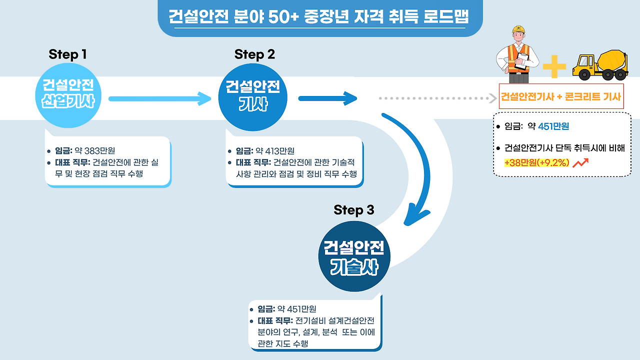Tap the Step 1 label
pos(67,54)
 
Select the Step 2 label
pos(254,54)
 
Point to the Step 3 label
pos(353,210)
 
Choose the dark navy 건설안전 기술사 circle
pos(353,256)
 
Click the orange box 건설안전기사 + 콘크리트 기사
pos(560,97)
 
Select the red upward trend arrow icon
pos(580,162)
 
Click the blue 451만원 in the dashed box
pos(553,126)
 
